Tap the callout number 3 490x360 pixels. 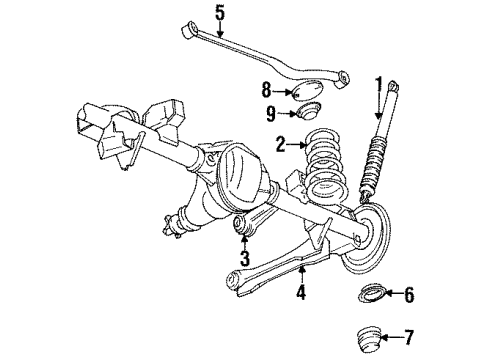242,258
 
